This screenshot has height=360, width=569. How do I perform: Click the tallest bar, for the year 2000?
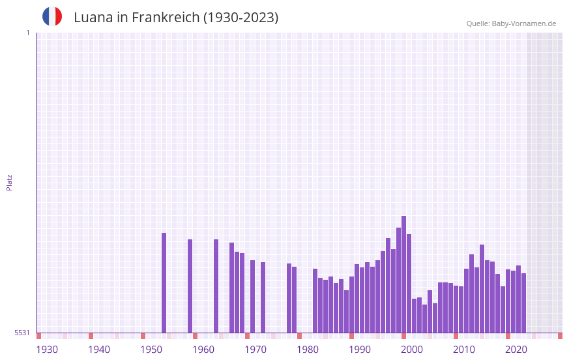[403, 274]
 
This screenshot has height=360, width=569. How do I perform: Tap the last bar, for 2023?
[523, 303]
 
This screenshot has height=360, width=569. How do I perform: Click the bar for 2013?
[471, 293]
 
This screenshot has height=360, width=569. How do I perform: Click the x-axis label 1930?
[47, 350]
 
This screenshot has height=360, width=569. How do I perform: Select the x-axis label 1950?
[151, 350]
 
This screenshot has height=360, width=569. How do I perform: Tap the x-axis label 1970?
[255, 350]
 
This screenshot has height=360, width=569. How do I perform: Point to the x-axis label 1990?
[360, 350]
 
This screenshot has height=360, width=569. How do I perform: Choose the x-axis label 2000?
[412, 350]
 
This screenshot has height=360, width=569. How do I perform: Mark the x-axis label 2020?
[516, 350]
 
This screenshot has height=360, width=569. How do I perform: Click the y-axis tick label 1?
[27, 33]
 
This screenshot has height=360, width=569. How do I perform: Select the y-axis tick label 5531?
[22, 333]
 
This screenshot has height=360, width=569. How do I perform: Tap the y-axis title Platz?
[9, 182]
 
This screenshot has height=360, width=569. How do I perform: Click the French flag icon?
[52, 16]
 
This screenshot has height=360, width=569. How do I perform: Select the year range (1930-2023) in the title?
[241, 18]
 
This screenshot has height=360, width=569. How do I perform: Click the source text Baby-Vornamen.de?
[524, 23]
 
